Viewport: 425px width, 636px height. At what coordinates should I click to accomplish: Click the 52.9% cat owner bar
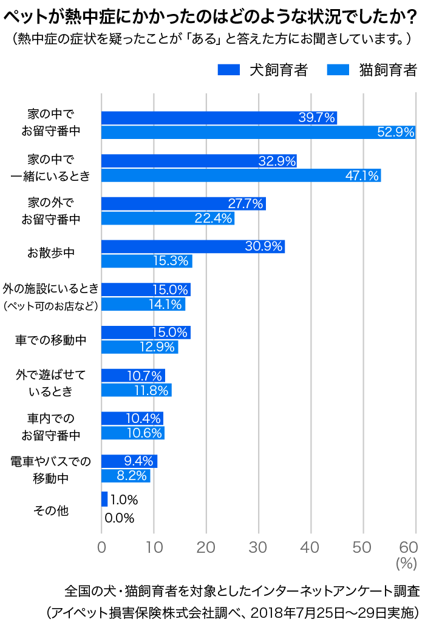click(258, 132)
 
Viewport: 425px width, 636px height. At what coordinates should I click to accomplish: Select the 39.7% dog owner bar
click(219, 118)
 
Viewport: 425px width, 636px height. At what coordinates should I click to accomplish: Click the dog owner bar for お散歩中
click(193, 246)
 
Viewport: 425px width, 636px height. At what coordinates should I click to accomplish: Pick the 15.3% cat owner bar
click(146, 261)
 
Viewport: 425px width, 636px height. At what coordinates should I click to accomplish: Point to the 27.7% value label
click(245, 203)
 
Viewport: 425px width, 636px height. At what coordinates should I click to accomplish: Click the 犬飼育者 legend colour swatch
click(229, 70)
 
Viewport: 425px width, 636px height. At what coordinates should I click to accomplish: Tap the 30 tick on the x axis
click(259, 546)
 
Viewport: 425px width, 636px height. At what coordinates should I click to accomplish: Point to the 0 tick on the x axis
click(101, 546)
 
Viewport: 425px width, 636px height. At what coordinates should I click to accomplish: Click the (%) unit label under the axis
click(406, 563)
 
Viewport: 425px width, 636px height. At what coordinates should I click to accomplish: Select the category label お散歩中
click(50, 253)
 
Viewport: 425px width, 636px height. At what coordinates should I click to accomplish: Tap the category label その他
click(51, 511)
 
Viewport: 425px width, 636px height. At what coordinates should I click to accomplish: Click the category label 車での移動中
click(50, 340)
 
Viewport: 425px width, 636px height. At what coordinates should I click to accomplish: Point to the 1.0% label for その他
click(124, 500)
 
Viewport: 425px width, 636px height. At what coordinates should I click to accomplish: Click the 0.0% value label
click(119, 518)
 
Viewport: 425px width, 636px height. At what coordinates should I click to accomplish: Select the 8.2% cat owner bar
click(125, 476)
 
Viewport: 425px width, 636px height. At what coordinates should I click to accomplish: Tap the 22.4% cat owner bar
click(168, 218)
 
